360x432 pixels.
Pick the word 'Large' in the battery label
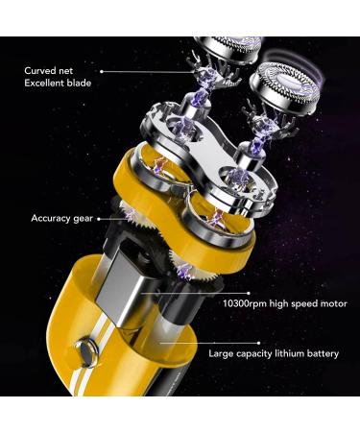(x=223, y=353)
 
